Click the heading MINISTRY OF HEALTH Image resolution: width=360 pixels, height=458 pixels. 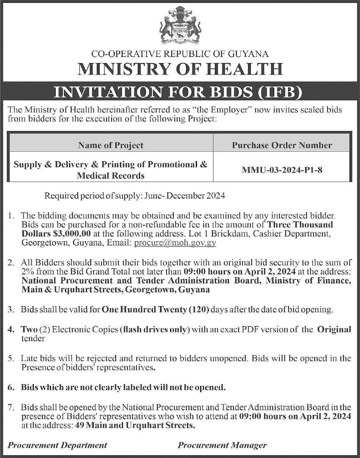[180, 68]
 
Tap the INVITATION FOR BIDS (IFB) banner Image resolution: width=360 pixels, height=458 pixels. [180, 92]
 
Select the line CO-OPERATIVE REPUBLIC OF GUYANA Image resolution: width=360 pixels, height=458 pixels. [180, 55]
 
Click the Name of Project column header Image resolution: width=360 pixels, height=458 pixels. [110, 145]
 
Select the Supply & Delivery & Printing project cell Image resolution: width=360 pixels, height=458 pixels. [110, 170]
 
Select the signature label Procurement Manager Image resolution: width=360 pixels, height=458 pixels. [222, 445]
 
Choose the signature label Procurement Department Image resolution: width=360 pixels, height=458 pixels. [58, 445]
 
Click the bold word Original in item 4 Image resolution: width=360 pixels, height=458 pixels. [334, 330]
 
